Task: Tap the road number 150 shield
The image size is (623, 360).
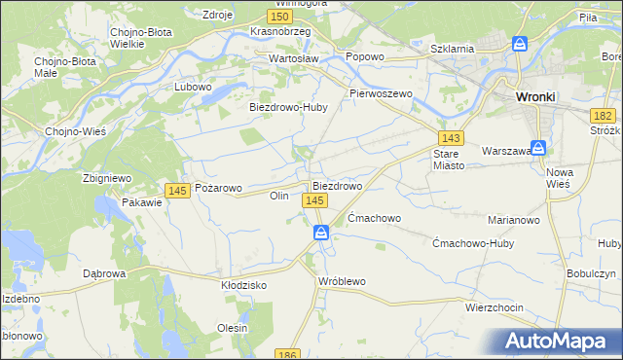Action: [x=279, y=17]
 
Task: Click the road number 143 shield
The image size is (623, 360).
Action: [x=450, y=138]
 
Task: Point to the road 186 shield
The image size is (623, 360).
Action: [x=286, y=354]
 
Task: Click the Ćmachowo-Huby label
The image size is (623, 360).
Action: [x=472, y=243]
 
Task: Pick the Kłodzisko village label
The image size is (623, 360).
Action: [x=243, y=285]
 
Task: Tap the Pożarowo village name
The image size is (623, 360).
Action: [x=218, y=187]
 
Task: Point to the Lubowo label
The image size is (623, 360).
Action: [x=193, y=87]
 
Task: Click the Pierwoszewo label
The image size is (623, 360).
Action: [x=382, y=94]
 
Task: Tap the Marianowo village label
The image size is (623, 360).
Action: [x=514, y=220]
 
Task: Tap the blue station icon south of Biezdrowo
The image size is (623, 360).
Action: [x=320, y=233]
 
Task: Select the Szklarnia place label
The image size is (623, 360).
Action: [x=452, y=48]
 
